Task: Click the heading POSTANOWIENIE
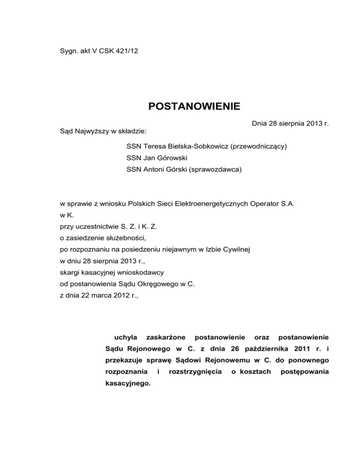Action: tap(194, 106)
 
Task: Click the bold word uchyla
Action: tap(126, 337)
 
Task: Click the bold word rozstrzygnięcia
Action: tap(192, 372)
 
